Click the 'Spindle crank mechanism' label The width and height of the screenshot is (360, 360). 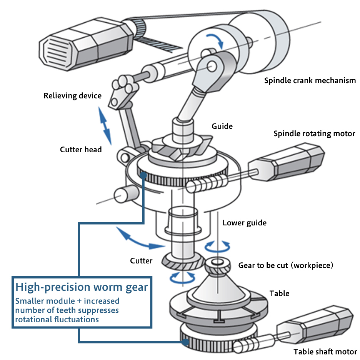tap(310, 81)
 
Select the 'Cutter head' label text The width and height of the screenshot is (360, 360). tap(81, 149)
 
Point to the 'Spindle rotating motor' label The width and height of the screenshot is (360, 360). tap(314, 134)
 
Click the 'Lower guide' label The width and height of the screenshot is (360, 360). tap(245, 223)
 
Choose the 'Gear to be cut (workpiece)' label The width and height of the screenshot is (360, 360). tap(285, 265)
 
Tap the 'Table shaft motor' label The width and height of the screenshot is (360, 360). tap(325, 351)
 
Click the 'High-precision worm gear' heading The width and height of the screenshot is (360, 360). tap(82, 287)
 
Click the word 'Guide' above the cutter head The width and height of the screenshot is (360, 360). tap(222, 126)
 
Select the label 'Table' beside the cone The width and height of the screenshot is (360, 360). tap(280, 293)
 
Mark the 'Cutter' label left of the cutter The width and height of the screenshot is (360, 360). tap(141, 261)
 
